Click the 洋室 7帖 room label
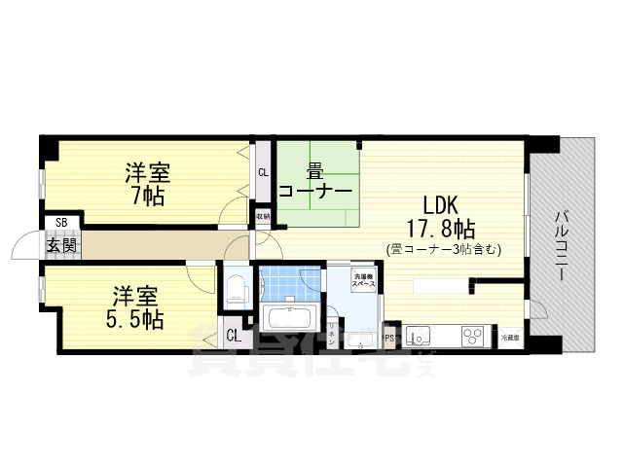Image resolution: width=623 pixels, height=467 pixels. click(x=147, y=185)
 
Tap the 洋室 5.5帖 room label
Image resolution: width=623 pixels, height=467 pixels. click(x=136, y=305)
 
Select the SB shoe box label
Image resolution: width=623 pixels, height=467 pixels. click(x=61, y=223)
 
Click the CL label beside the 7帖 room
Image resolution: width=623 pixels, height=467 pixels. click(x=263, y=173)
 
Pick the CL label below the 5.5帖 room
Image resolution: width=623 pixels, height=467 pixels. click(x=234, y=336)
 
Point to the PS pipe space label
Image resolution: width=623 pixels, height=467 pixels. click(x=389, y=339)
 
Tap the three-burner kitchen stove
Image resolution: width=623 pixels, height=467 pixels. click(x=472, y=337)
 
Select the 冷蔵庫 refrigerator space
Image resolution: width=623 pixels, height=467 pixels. click(x=510, y=337)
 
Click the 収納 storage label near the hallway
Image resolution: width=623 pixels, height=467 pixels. click(x=262, y=215)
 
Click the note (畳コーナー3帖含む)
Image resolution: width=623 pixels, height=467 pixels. click(x=443, y=249)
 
